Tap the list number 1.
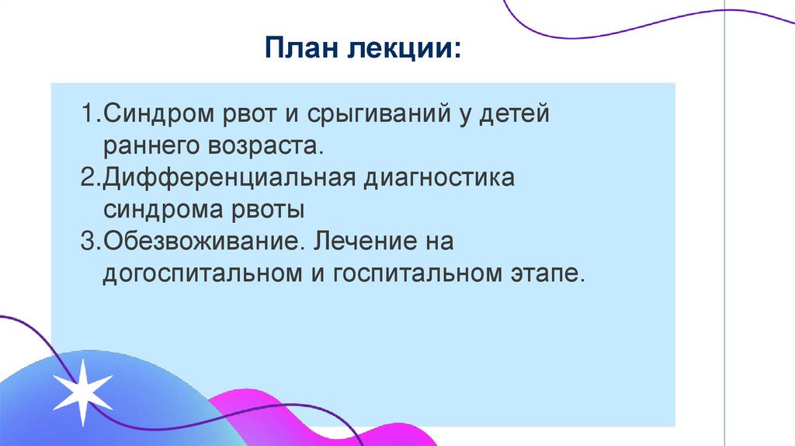point(88,116)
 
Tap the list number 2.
point(88,178)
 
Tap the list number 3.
point(88,241)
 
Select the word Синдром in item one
point(152,116)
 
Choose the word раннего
point(151,147)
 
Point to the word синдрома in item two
point(162,210)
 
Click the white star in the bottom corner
point(82,392)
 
